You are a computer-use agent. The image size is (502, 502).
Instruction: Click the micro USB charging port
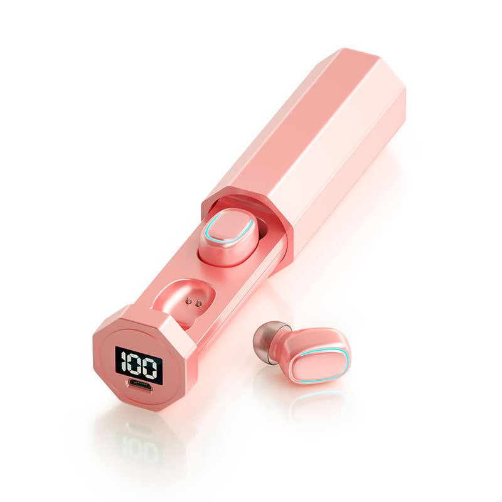coord(140,384)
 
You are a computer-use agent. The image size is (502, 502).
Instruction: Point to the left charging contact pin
coord(189,301)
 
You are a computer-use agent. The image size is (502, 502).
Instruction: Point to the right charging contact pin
coord(198,302)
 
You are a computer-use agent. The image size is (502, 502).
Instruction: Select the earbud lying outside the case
coord(302,352)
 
